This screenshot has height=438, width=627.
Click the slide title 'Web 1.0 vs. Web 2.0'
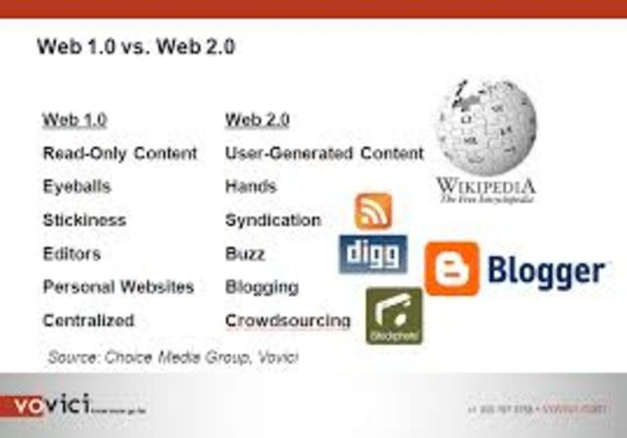135,46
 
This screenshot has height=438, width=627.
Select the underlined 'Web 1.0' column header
74,120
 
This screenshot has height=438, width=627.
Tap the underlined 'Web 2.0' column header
258,120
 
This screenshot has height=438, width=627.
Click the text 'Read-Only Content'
120,154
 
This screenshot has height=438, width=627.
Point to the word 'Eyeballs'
76,186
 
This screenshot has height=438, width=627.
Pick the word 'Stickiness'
84,219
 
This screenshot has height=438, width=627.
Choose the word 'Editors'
72,254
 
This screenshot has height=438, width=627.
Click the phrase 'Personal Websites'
119,287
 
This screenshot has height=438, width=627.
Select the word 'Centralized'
88,320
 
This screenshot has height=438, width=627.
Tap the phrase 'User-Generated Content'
324,154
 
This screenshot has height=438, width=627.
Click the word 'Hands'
251,186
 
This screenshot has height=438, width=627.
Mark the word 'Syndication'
272,219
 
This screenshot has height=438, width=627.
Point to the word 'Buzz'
245,254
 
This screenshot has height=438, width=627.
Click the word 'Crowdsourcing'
287,320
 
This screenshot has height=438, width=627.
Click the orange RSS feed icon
373,210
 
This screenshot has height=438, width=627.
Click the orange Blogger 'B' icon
452,268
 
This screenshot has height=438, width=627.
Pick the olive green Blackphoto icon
394,315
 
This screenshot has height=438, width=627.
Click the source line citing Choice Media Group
172,357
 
